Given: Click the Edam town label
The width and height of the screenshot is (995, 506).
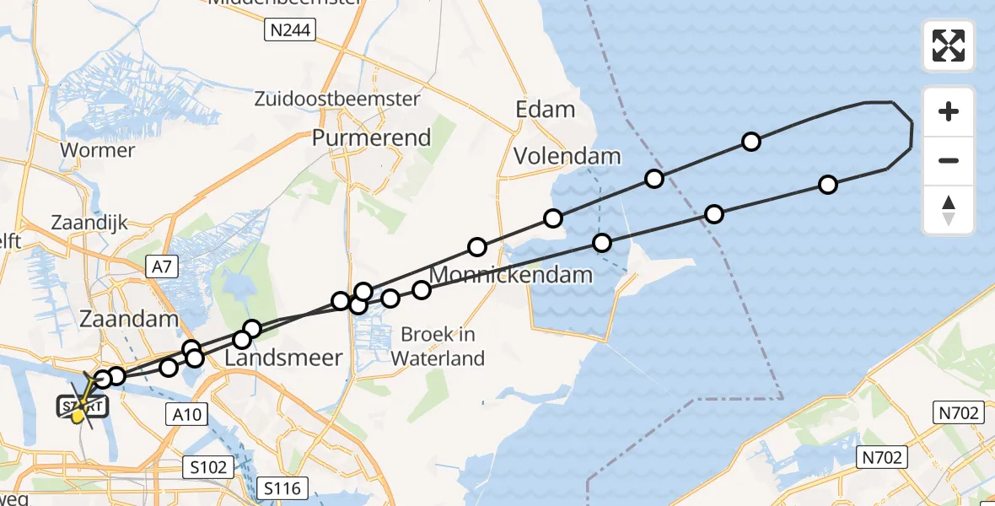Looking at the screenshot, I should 546,110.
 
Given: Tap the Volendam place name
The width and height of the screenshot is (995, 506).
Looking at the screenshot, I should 567,156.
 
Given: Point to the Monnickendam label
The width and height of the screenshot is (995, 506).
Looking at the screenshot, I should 511,275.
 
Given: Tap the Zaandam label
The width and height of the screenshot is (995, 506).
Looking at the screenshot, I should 128,319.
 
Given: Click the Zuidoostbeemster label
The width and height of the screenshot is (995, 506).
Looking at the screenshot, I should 337,99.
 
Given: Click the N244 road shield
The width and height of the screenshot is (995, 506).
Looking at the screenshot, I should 289,32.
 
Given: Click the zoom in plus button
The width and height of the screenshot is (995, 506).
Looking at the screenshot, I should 949,112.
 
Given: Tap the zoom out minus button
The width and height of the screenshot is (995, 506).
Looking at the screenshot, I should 949,160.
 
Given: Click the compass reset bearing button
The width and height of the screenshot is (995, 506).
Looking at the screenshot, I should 949,209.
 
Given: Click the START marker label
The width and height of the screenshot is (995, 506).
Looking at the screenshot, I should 83,407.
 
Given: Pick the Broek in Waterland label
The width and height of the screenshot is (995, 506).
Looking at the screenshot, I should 437,346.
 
